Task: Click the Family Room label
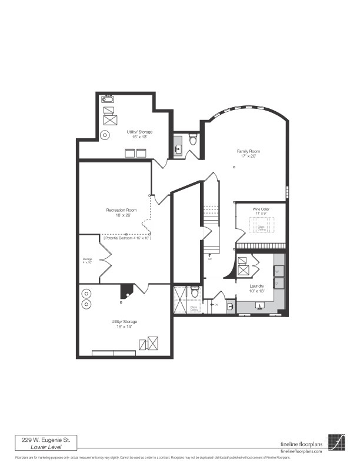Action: pyautogui.click(x=248, y=151)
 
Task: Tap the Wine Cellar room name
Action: pyautogui.click(x=261, y=209)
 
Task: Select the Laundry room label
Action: pyautogui.click(x=256, y=285)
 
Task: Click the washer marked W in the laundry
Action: pyautogui.click(x=279, y=272)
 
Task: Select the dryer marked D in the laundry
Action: pyautogui.click(x=279, y=283)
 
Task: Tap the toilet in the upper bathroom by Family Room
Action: pyautogui.click(x=192, y=139)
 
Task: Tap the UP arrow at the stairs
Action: pyautogui.click(x=209, y=256)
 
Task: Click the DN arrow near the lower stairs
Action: pyautogui.click(x=214, y=304)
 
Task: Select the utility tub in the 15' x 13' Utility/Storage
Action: pyautogui.click(x=108, y=99)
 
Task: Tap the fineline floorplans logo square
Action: pyautogui.click(x=336, y=442)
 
